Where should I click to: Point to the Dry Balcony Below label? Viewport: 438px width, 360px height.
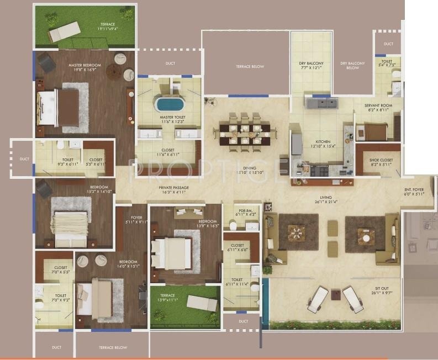coord(352,66)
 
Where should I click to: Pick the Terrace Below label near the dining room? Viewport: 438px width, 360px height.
coord(250,67)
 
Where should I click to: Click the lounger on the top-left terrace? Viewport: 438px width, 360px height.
coord(64,33)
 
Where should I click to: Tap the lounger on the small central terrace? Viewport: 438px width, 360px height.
coord(202,303)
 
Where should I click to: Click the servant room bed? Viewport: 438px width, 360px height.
coord(374,131)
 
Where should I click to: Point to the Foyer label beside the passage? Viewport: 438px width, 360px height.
coord(136,220)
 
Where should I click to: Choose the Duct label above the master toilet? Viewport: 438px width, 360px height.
coord(170,63)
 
